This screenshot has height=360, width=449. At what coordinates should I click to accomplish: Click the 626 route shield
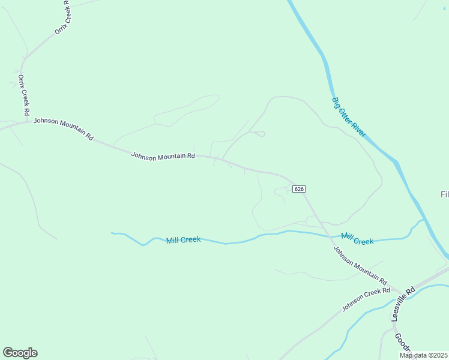300,189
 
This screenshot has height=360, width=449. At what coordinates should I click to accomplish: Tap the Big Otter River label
349,117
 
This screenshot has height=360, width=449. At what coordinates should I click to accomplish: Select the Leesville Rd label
403,304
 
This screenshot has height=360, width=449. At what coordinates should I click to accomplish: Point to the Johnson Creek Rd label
366,299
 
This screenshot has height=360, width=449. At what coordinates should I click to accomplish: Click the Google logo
20,353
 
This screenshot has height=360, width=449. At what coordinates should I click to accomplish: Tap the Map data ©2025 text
424,355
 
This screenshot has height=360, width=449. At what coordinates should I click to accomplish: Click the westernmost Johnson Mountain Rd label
63,128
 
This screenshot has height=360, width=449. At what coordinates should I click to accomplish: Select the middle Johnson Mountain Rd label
163,156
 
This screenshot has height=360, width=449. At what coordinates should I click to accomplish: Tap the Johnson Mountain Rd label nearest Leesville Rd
360,265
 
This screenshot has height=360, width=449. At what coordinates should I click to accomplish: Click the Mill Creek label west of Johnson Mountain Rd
183,240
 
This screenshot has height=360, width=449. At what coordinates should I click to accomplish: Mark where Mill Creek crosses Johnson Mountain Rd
328,236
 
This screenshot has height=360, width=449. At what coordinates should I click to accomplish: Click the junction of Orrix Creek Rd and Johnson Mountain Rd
29,122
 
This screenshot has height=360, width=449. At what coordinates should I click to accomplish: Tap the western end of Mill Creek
112,233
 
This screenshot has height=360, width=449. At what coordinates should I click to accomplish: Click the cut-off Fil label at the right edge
444,195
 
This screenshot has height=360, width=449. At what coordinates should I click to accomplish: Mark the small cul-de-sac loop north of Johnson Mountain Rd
261,134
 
